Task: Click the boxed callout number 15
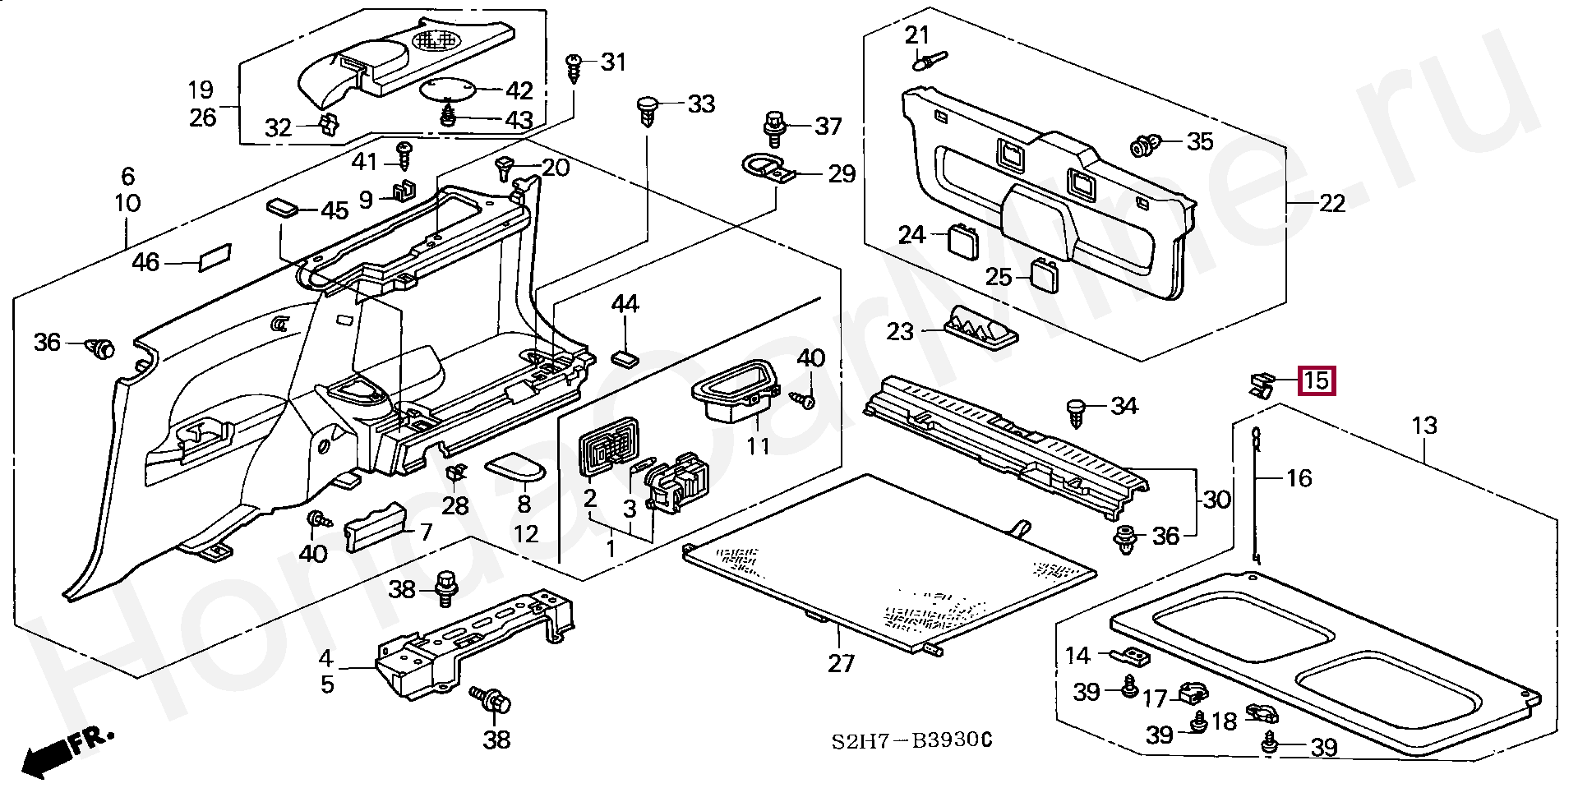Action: coord(1316,381)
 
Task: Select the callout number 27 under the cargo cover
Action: coord(841,662)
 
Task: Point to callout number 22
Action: coord(1331,203)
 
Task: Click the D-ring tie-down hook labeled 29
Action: coord(768,169)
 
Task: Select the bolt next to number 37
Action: coord(773,125)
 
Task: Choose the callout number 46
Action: coord(145,263)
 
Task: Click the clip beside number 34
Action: coord(1077,410)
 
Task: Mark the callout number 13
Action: coord(1424,426)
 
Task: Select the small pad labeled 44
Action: coord(625,357)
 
